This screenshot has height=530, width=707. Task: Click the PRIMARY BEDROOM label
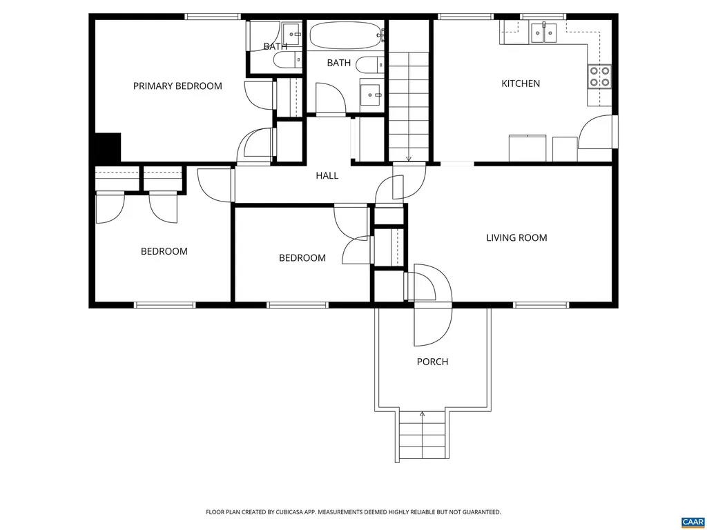coord(177,86)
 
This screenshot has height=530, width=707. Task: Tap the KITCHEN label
coord(521,84)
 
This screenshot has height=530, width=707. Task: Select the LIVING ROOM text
coord(516,238)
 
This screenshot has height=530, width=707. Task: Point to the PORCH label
coord(432,362)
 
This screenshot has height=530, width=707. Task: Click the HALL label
coord(327,176)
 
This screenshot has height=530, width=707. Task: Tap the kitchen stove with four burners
coord(599,76)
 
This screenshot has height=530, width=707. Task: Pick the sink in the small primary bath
coord(292,32)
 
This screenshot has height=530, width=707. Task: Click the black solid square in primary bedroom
coord(108,147)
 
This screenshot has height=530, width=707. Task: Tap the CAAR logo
coord(691,522)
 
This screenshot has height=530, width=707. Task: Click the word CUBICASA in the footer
coord(302,512)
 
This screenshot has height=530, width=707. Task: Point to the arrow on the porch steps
coord(422,415)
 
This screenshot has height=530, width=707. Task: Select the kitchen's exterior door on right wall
coord(614,131)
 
